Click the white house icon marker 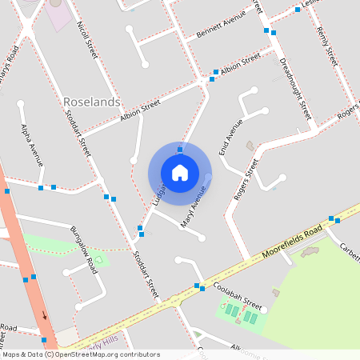pyautogui.click(x=180, y=172)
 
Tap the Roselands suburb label pyautogui.click(x=91, y=102)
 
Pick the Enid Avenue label pyautogui.click(x=230, y=137)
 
